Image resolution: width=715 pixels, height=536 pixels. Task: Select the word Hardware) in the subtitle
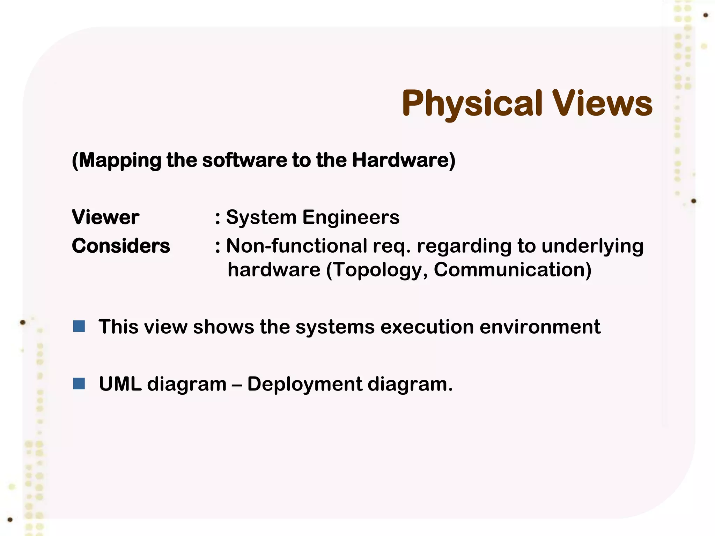click(404, 161)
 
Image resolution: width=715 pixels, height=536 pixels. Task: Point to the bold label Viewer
click(105, 217)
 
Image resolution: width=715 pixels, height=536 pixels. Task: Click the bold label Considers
click(121, 246)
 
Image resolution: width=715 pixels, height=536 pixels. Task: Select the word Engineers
click(351, 217)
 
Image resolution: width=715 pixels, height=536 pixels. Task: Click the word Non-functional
click(296, 246)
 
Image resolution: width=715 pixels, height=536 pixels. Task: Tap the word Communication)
click(512, 270)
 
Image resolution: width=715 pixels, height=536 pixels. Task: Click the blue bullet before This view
click(79, 327)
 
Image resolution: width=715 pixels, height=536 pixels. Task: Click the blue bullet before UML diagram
click(79, 384)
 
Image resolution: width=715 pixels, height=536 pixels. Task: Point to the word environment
click(540, 327)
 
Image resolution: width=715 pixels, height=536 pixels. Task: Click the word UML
click(120, 384)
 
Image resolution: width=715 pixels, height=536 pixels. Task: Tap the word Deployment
click(304, 385)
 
